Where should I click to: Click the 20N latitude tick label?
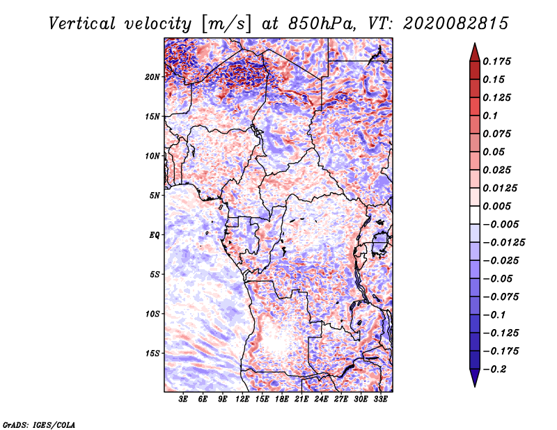(153, 77)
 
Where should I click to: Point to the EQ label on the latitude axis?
(155, 235)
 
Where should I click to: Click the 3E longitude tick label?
(183, 399)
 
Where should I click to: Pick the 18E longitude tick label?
(282, 399)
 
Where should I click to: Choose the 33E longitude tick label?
(381, 399)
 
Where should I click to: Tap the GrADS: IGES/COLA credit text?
(38, 424)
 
